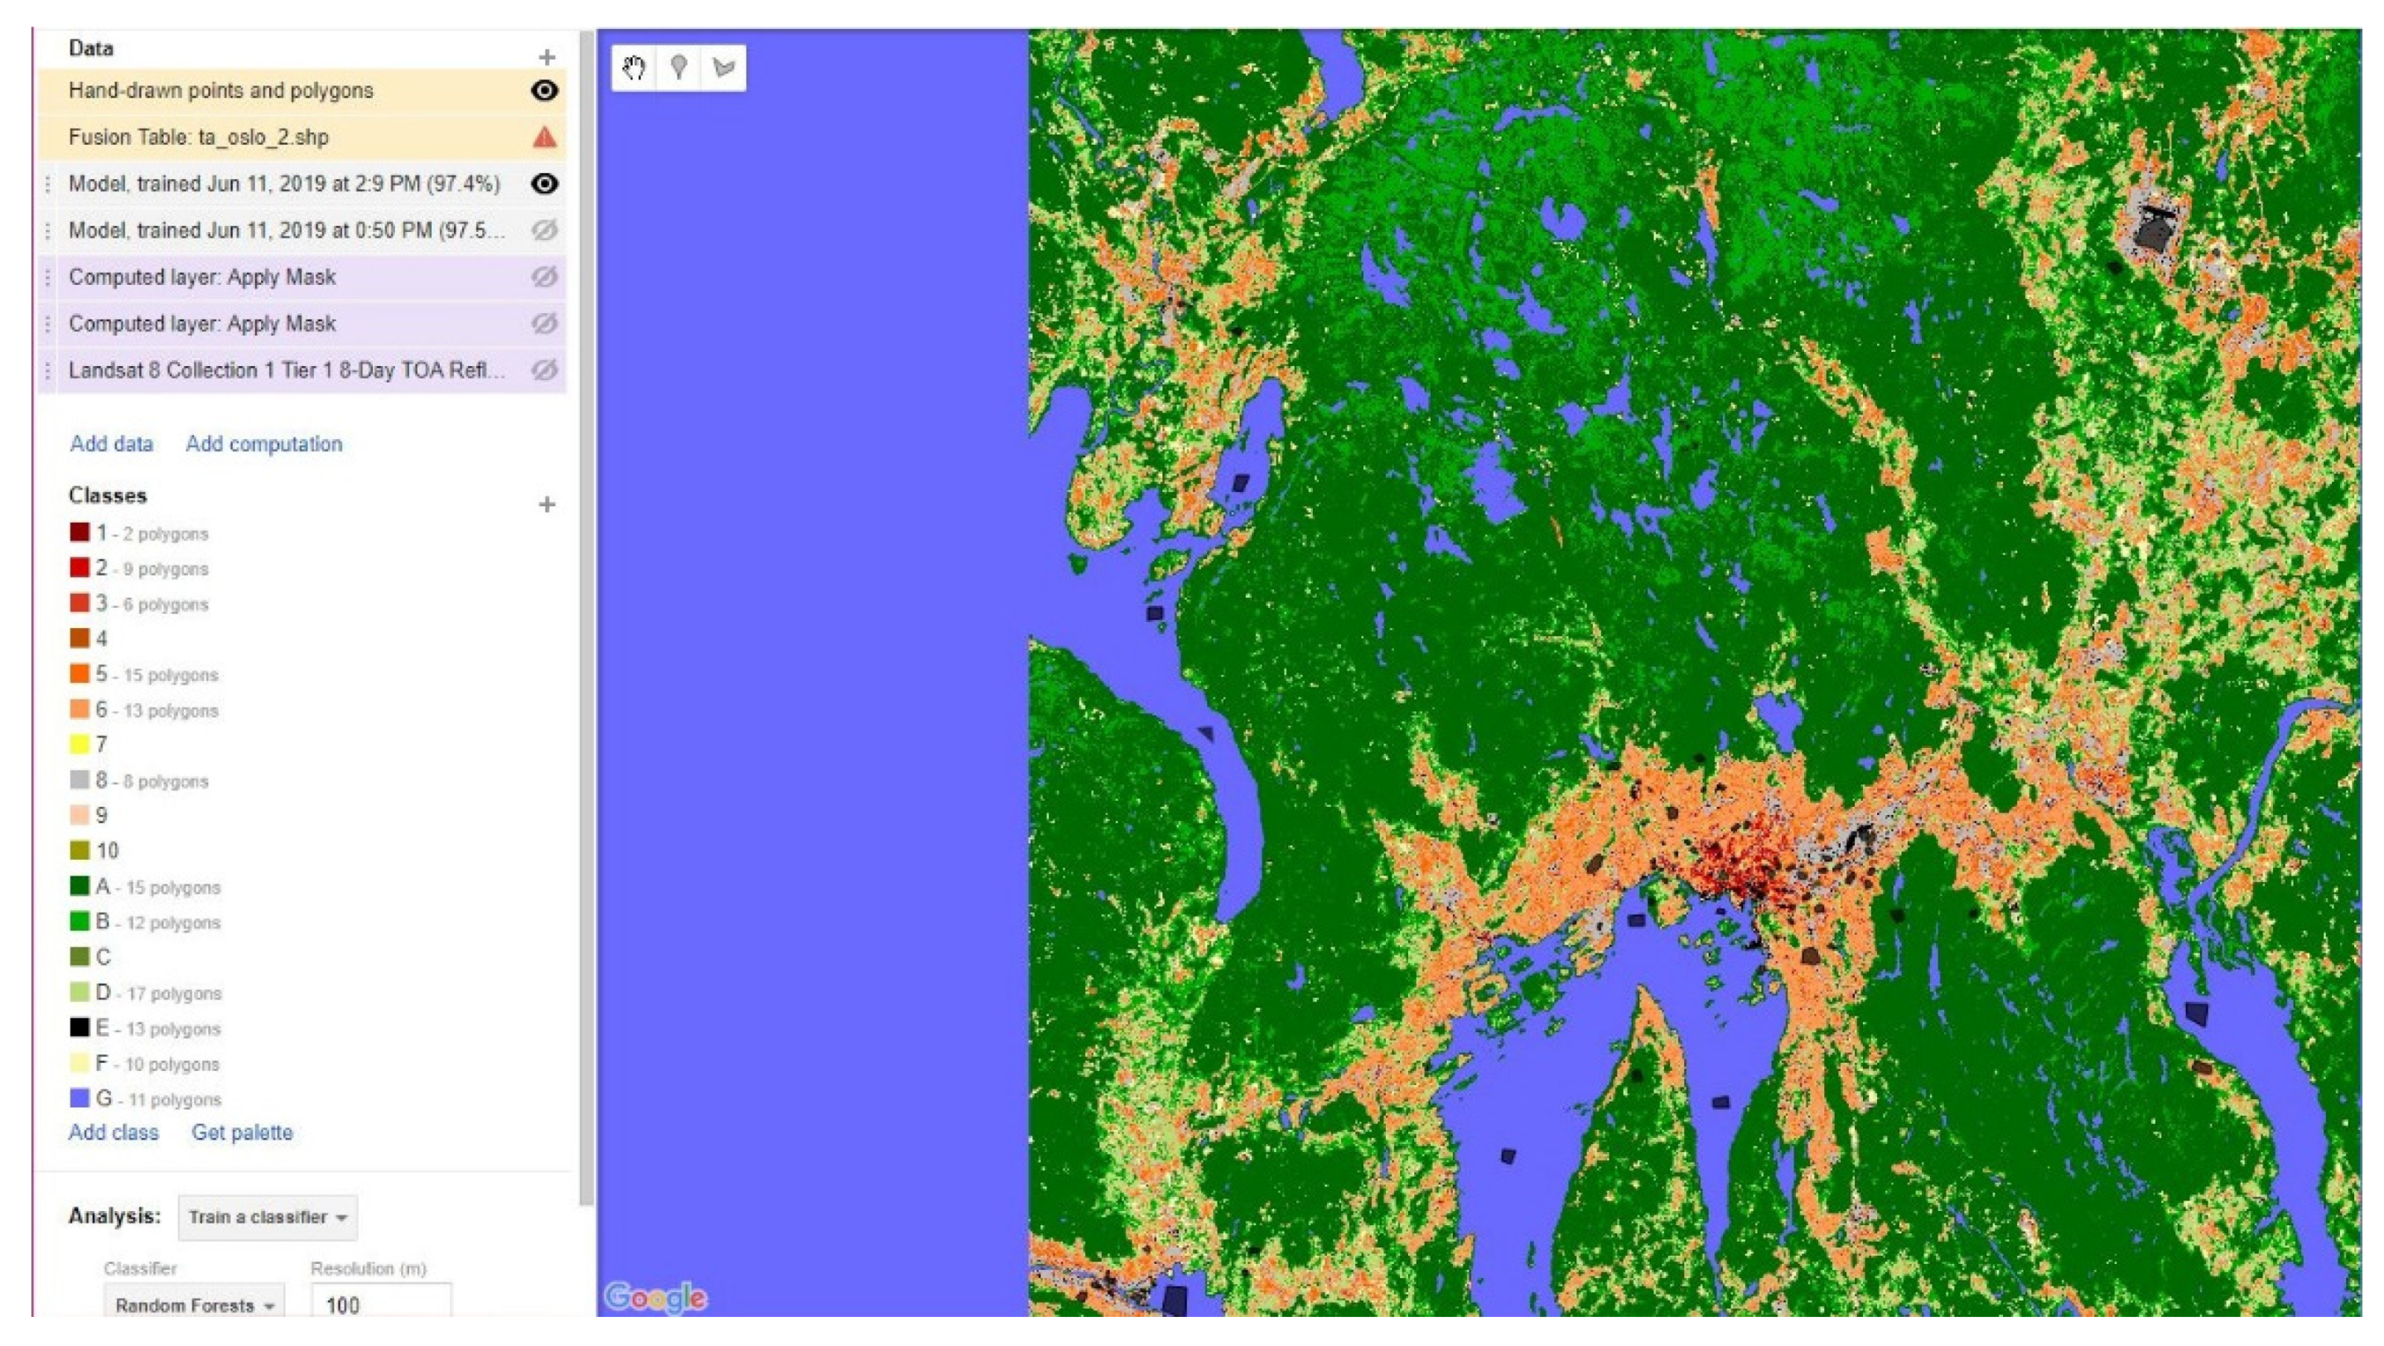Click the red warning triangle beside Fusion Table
[544, 137]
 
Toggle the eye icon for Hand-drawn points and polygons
[544, 91]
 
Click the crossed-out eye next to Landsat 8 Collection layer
[544, 370]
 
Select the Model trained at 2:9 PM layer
[284, 184]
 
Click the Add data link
[111, 443]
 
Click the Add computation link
[263, 443]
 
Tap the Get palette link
[242, 1132]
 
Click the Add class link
[113, 1132]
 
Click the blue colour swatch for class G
[80, 1098]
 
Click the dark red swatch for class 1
[80, 533]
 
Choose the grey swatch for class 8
[80, 779]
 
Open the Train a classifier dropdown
[268, 1217]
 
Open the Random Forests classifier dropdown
[195, 1305]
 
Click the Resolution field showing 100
[380, 1305]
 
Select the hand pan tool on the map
[634, 68]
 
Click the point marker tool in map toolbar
[678, 68]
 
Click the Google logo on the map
[655, 1297]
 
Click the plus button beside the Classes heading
[547, 504]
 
